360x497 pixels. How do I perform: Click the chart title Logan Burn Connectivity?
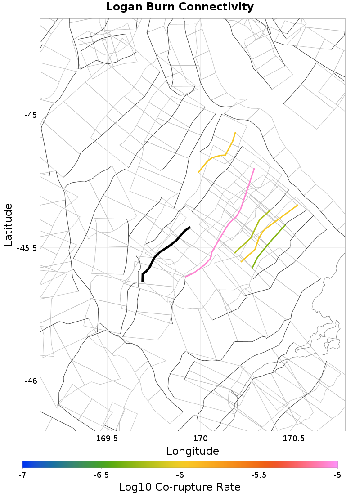tap(180, 7)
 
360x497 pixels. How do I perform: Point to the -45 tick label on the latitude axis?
tap(30, 115)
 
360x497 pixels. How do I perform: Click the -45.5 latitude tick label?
tap(27, 248)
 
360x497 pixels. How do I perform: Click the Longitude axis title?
tap(193, 451)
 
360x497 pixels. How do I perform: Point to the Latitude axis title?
tap(8, 224)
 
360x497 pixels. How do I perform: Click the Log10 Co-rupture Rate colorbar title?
tap(180, 487)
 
